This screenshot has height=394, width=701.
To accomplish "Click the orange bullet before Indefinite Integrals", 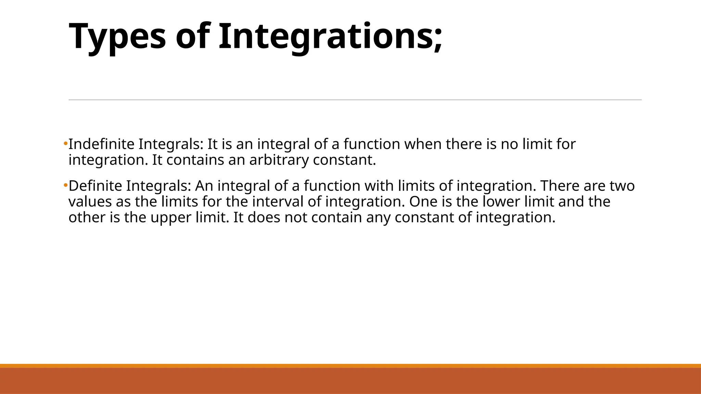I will pos(65,144).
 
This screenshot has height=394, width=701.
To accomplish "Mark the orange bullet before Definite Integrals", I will pos(65,186).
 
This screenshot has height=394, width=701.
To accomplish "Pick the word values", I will pos(90,201).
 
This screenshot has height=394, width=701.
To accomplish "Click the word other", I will pos(87,217).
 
